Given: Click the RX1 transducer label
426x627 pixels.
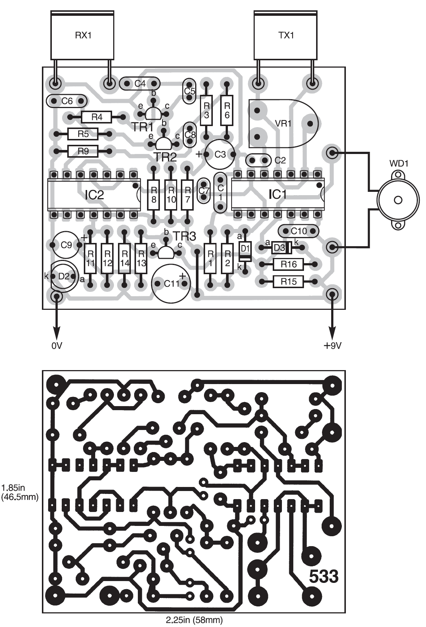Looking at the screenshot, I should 83,35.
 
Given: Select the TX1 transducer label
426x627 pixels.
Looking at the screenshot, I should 286,35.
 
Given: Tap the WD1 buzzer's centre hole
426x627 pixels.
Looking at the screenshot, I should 398,200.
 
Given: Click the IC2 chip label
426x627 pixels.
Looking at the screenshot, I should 94,195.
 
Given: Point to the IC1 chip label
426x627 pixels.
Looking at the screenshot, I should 278,194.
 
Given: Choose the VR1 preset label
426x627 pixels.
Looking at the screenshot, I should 283,123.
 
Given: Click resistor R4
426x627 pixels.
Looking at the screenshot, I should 97,117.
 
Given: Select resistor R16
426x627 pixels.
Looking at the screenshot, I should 289,264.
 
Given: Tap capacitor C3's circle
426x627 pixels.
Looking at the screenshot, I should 220,154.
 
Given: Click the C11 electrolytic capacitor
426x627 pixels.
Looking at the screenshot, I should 171,284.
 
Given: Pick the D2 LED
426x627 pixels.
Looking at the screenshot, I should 64,276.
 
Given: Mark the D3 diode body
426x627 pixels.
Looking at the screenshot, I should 282,248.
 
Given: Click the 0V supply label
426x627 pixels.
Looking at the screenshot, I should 57,346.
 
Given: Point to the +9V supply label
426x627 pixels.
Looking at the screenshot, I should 332,346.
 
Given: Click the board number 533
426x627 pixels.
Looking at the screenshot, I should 323,576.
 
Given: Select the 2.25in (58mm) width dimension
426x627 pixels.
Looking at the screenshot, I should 194,620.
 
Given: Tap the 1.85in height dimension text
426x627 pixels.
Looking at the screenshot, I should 14,488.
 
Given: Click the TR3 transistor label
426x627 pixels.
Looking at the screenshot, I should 184,236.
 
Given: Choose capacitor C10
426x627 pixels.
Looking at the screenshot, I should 298,231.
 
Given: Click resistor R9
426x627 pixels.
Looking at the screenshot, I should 83,151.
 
